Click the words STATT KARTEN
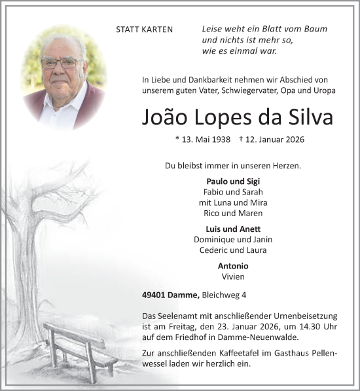click(144, 30)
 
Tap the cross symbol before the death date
click(242, 139)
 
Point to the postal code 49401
click(155, 296)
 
